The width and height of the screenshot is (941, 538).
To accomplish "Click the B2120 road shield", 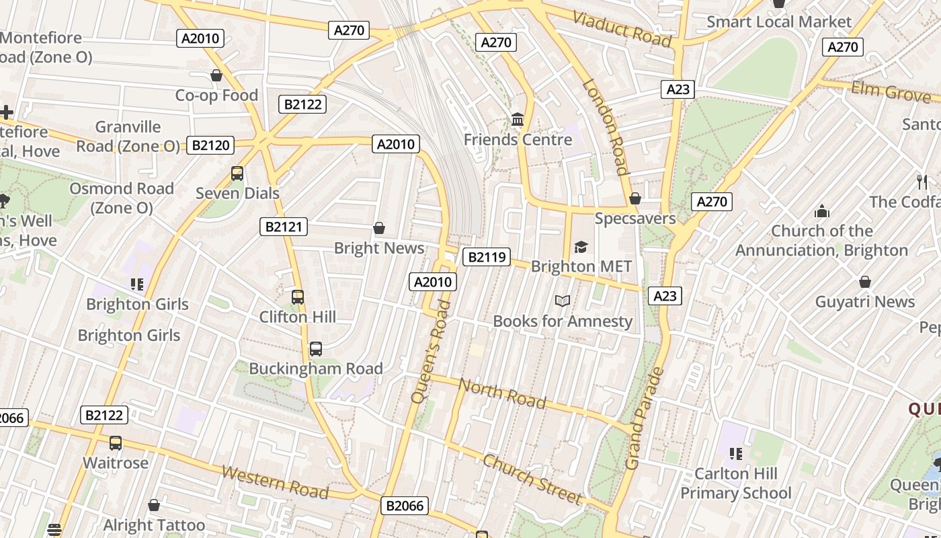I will [211, 145].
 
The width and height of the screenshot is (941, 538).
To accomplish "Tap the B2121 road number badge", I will [284, 227].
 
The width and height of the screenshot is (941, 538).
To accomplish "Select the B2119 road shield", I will [487, 257].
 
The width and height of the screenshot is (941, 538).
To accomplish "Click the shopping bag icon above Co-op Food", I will [216, 75].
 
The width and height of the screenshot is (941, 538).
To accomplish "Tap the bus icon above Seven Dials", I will [237, 174].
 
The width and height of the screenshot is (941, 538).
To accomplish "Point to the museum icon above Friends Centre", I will [518, 120].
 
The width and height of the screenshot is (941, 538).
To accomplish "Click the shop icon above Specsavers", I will [635, 198].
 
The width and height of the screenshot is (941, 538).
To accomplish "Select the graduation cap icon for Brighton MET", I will [581, 247].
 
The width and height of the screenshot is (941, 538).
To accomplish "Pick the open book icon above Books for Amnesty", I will [563, 301].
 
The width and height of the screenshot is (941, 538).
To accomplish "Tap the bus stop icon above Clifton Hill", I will [298, 297].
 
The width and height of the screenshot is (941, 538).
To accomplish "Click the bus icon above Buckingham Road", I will [315, 349].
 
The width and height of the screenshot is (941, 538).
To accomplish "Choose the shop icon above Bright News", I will [379, 229].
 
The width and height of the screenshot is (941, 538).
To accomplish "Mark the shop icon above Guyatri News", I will [865, 282].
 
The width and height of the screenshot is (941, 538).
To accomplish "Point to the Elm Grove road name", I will [891, 91].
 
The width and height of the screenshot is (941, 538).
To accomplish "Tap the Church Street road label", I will [532, 479].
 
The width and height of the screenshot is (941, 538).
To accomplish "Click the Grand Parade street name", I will [644, 418].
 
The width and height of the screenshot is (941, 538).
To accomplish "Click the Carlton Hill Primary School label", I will [736, 484].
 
